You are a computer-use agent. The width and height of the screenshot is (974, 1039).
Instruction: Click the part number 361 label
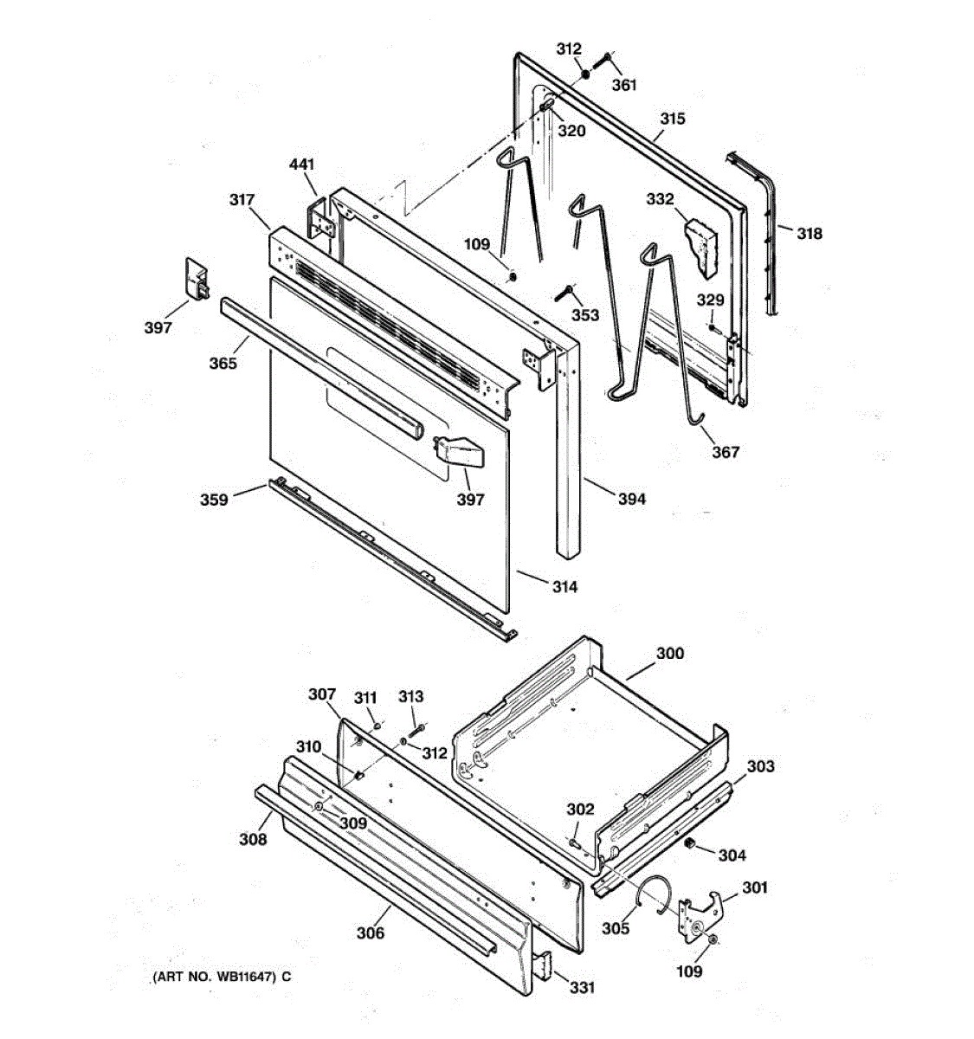pos(624,85)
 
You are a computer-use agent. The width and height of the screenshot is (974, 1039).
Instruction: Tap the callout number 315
pos(672,119)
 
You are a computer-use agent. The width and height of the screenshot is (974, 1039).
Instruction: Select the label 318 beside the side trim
pos(810,233)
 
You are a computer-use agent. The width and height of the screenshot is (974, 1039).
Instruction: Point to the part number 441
pos(302,165)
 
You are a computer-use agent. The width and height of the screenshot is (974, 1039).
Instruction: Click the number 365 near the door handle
pos(223,364)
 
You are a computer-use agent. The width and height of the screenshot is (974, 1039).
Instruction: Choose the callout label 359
pos(214,500)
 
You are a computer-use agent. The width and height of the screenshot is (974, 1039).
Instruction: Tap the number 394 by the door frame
pos(631,499)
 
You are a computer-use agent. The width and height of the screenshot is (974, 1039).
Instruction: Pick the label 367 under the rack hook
pos(726,451)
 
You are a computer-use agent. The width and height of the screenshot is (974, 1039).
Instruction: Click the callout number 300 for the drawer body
pos(669,654)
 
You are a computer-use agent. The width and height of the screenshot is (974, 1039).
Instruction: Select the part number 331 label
pos(582,987)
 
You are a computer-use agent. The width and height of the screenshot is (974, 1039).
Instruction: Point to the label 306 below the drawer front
pos(370,933)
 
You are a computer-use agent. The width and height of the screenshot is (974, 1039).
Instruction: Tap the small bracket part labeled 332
pos(703,246)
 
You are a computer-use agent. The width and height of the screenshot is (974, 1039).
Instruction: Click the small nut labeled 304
pos(691,842)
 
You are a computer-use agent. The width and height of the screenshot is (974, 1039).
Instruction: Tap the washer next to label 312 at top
pos(586,73)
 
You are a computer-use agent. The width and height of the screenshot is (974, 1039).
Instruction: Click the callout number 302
pos(580,810)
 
